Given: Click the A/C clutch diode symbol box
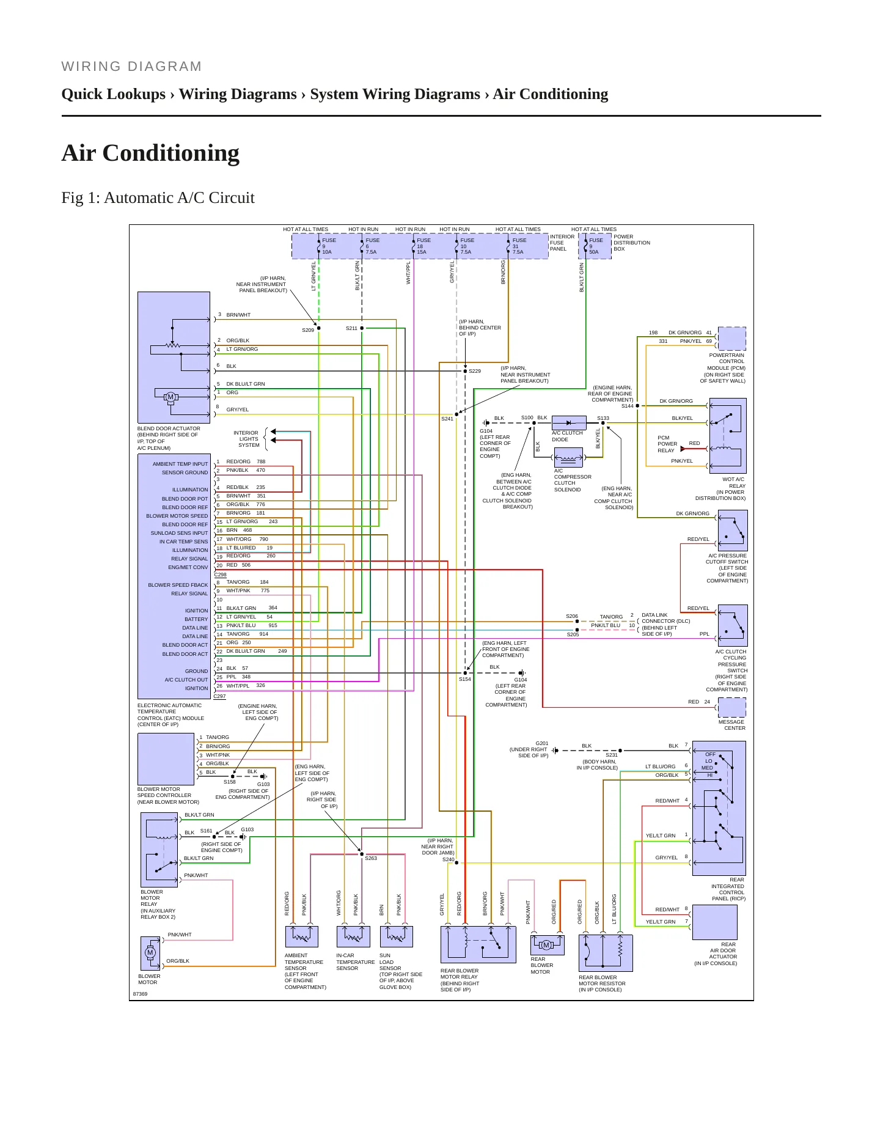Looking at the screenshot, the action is tap(569, 423).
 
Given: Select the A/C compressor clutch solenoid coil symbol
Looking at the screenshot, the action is tap(568, 457).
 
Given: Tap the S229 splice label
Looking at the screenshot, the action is tap(475, 371).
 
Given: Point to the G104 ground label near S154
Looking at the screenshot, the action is tap(521, 680).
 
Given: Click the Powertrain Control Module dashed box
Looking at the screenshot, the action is tap(732, 339).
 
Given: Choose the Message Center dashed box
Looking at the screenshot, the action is tap(732, 707).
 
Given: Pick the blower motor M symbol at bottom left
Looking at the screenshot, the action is tap(150, 953).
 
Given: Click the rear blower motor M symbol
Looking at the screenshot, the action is tap(547, 945).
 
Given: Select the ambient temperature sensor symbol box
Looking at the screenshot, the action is tap(302, 936).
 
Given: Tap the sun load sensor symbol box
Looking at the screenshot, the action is tap(397, 936).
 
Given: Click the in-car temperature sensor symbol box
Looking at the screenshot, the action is tap(353, 936).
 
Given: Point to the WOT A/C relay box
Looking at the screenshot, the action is tap(728, 436).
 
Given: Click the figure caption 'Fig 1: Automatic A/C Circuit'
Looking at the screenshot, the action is tap(158, 198).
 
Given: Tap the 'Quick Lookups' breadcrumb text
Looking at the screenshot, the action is tap(114, 94).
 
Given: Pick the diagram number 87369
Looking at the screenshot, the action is tap(140, 994).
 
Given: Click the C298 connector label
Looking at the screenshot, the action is tap(221, 575).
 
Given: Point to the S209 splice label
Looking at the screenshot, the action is tap(308, 330).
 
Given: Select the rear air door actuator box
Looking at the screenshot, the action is tap(715, 922).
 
